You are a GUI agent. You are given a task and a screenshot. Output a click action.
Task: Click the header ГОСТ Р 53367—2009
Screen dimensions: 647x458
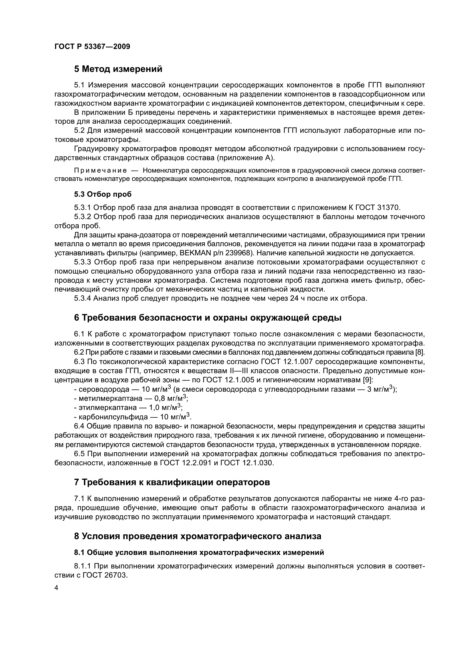point(92,47)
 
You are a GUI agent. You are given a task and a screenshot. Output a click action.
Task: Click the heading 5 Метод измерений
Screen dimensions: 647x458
point(118,69)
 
